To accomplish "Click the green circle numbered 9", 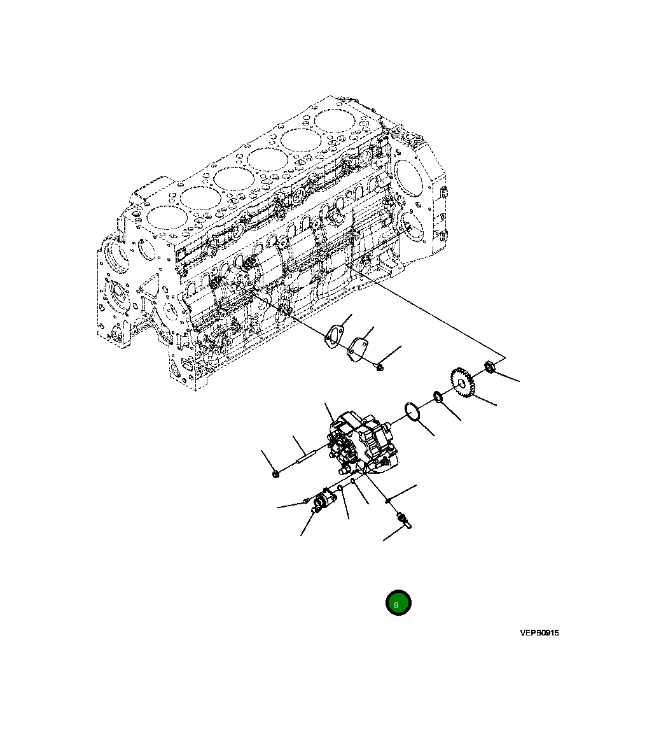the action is [398, 602].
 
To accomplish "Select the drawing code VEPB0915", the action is [539, 633].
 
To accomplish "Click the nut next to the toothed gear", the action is [490, 367].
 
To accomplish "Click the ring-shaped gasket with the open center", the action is [333, 337].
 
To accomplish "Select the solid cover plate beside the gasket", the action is [359, 350].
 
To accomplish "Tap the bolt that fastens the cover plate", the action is [380, 367].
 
